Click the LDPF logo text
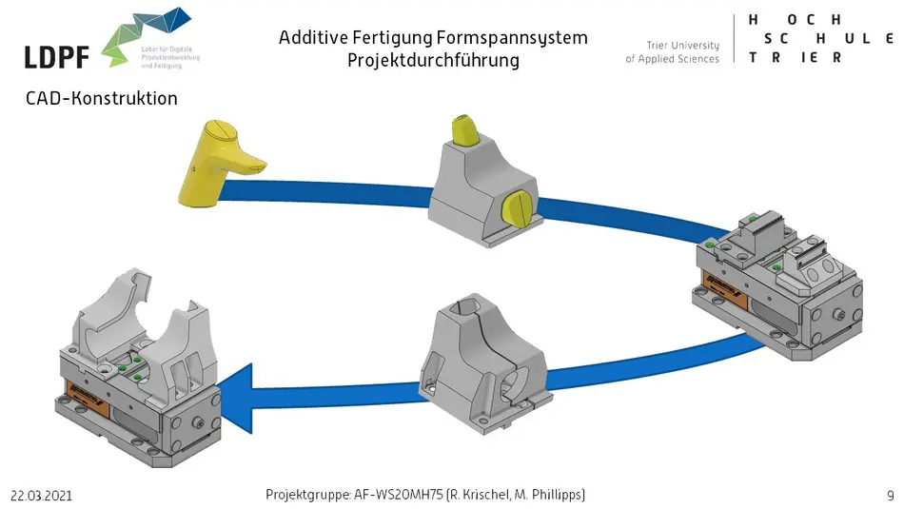click(x=57, y=56)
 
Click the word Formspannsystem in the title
click(x=512, y=38)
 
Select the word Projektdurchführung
click(x=433, y=61)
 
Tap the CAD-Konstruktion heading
click(x=102, y=98)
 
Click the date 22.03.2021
click(x=42, y=497)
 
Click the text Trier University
click(x=682, y=45)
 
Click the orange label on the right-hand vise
click(x=725, y=283)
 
